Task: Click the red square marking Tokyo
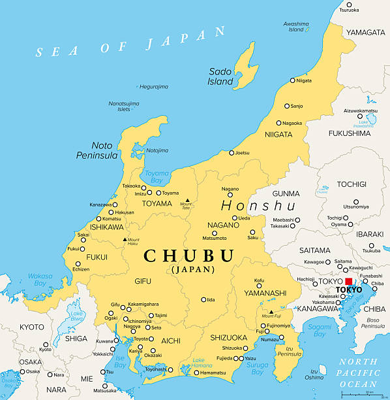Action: [348, 282]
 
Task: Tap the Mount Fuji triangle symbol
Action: [271, 312]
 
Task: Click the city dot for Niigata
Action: [293, 81]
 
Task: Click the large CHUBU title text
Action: [188, 255]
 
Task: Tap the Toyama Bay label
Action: [157, 177]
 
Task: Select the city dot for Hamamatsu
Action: [196, 373]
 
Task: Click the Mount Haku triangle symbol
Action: [125, 240]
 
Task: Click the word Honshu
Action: [258, 206]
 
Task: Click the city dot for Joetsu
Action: [231, 153]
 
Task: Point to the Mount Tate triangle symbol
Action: [187, 201]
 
